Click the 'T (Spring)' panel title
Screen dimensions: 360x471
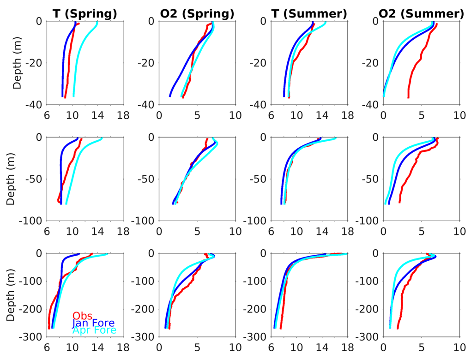(x=85, y=14)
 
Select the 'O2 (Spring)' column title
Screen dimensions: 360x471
(x=197, y=14)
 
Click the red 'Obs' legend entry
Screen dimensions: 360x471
(x=83, y=316)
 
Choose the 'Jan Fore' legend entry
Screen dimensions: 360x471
(x=93, y=323)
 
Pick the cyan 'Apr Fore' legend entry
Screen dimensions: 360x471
(x=94, y=330)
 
